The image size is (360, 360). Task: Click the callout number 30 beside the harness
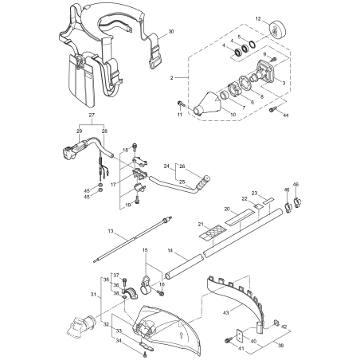(x=171, y=33)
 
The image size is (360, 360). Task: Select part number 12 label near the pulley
(x=258, y=17)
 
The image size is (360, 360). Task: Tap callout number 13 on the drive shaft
(x=111, y=231)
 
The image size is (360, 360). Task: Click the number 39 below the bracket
(x=278, y=346)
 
